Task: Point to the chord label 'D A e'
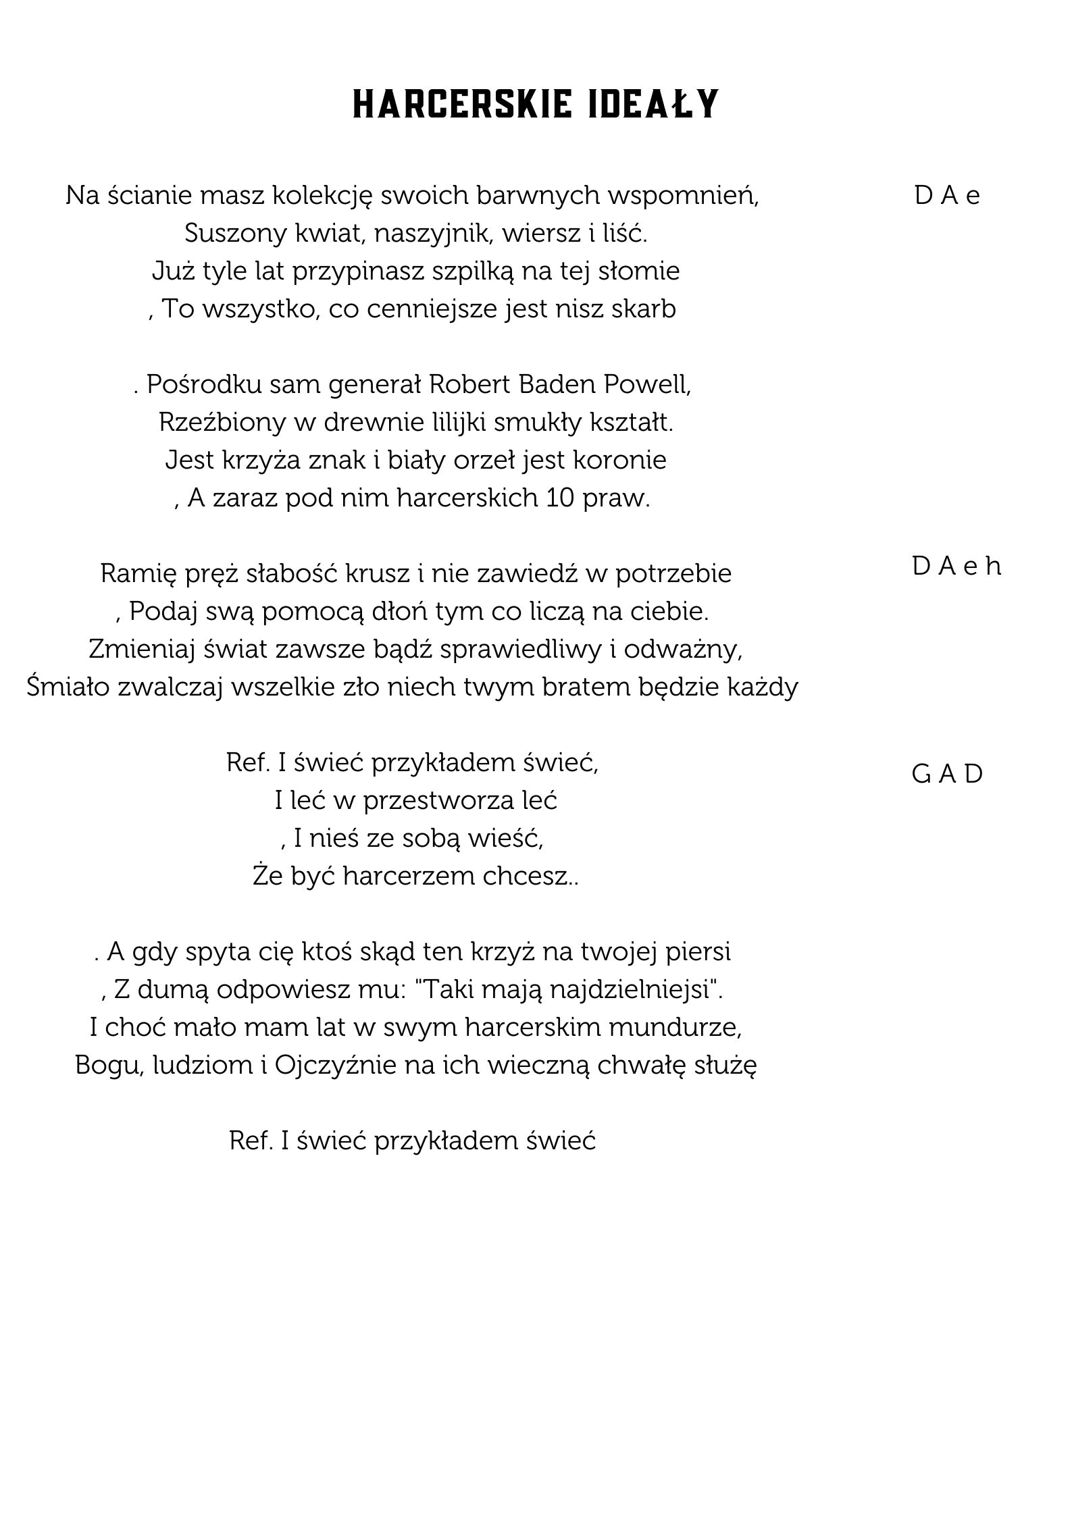[x=947, y=195]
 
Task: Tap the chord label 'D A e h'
[x=956, y=567]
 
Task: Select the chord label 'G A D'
[x=947, y=774]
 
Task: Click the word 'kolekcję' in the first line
[x=322, y=196]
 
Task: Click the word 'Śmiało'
[x=68, y=687]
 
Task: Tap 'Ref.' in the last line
[x=251, y=1141]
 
